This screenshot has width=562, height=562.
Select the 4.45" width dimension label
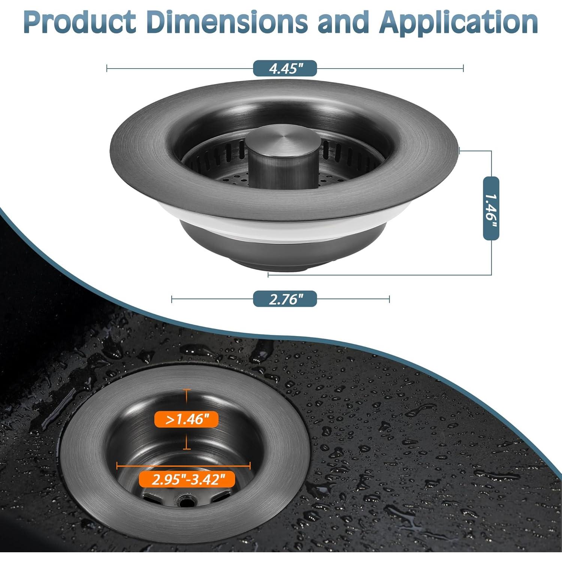tap(285, 69)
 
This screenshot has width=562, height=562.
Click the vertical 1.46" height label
tap(491, 208)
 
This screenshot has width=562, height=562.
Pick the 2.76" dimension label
tap(285, 299)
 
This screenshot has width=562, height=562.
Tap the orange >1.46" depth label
tap(186, 419)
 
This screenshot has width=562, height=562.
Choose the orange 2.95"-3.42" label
tap(187, 479)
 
